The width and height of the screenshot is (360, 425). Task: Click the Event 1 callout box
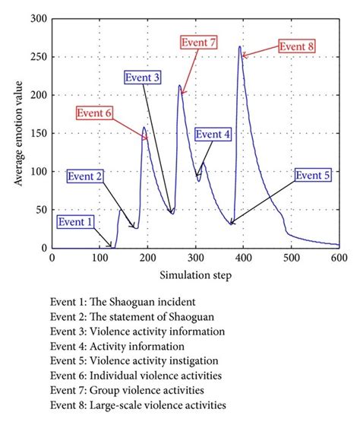click(x=77, y=222)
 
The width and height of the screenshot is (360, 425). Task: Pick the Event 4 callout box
click(x=214, y=135)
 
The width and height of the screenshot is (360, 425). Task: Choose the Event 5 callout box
click(x=313, y=176)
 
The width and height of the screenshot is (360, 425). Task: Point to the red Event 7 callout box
click(x=199, y=42)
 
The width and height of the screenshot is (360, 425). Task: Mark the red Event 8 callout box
click(x=297, y=46)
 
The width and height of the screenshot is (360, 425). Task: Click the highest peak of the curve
click(x=240, y=47)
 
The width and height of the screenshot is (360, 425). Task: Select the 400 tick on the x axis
click(x=243, y=258)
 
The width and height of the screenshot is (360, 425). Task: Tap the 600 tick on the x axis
click(x=339, y=258)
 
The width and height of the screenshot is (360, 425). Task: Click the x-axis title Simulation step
click(x=195, y=273)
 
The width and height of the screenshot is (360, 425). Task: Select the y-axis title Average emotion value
click(x=17, y=133)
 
